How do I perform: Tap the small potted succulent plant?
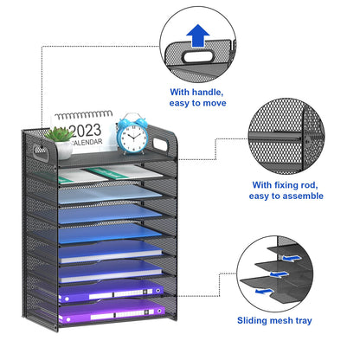click(x=61, y=142)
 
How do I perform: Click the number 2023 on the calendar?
click(x=86, y=131)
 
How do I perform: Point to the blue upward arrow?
click(x=198, y=35)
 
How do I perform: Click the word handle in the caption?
click(x=208, y=93)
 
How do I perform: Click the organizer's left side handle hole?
click(x=41, y=153)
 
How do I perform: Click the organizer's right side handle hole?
click(x=160, y=145)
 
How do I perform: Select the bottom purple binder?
click(x=111, y=312)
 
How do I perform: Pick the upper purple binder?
click(x=110, y=292)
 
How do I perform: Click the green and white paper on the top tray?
click(x=110, y=174)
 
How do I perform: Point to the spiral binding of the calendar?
click(x=84, y=114)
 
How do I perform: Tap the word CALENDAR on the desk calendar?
click(x=87, y=142)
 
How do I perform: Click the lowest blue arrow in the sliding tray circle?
click(x=264, y=292)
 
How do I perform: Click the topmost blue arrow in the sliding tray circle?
click(x=292, y=259)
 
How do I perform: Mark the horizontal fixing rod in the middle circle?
click(x=276, y=137)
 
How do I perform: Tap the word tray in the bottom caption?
click(x=304, y=321)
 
